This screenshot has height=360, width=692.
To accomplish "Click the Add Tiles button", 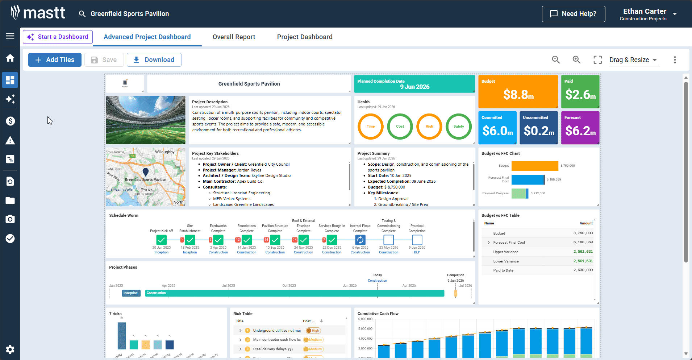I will point(55,60).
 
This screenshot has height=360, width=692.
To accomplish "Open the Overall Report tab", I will point(234,37).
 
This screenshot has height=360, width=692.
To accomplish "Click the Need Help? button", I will point(573,14).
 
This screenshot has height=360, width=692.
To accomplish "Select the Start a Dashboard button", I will point(58,37).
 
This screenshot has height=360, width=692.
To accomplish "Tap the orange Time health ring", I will point(370,127).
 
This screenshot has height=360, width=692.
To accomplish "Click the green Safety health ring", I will point(458,127).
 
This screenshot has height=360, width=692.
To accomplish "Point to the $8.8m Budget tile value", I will point(518,95).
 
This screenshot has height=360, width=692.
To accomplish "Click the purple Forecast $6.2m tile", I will point(580,128).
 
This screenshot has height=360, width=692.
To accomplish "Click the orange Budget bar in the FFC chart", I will point(534,166).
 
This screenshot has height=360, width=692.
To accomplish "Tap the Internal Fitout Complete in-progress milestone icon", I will point(360,240).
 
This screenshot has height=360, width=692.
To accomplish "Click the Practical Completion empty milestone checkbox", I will point(417,240).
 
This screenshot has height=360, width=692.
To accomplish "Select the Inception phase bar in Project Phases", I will point(131,293).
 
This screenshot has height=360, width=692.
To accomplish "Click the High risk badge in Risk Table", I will point(313,331).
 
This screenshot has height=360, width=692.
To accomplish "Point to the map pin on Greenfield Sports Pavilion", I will point(146,172).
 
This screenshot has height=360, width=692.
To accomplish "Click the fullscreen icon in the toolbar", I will point(597,60).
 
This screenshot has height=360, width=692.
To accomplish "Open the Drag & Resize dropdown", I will point(633,60).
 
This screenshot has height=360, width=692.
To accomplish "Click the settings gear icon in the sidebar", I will point(10,349).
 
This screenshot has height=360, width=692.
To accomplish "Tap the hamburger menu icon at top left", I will point(10,36).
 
